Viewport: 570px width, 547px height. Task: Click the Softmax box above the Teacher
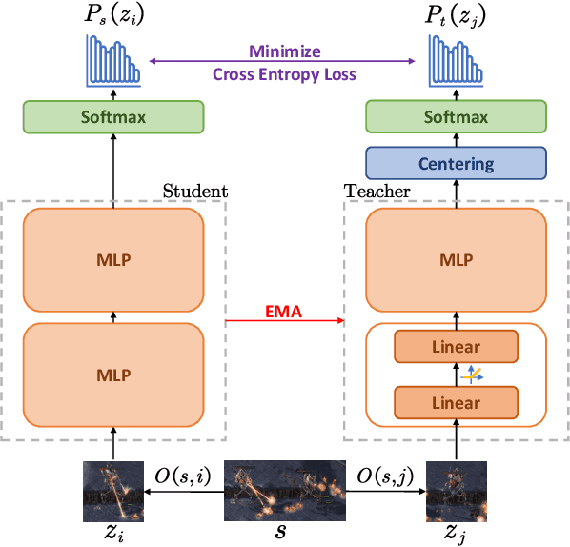coord(456,117)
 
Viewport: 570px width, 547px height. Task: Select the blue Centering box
coord(456,163)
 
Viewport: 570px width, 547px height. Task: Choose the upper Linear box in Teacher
coord(456,347)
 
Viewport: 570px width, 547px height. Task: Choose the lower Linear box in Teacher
coord(456,402)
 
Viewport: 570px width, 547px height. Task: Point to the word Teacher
coord(377,191)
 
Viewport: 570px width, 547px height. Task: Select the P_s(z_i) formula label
coord(112,15)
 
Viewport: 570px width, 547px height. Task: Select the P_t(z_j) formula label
coord(456,15)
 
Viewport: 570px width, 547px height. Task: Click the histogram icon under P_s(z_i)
coord(112,58)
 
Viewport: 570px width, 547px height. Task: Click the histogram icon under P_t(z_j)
coord(456,58)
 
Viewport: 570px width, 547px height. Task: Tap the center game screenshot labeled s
coord(284,490)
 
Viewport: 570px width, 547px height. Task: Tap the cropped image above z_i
coord(112,490)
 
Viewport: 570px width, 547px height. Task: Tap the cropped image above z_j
coord(456,490)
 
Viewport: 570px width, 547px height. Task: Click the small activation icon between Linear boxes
coord(471,375)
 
